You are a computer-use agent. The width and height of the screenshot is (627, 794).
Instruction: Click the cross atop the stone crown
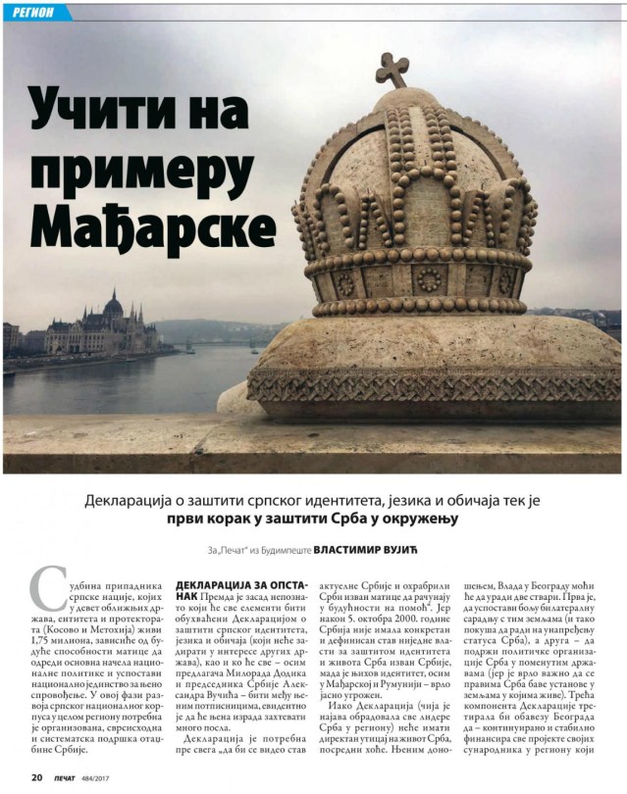[x=392, y=69]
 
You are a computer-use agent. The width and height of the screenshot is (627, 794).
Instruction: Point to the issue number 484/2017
[x=106, y=778]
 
